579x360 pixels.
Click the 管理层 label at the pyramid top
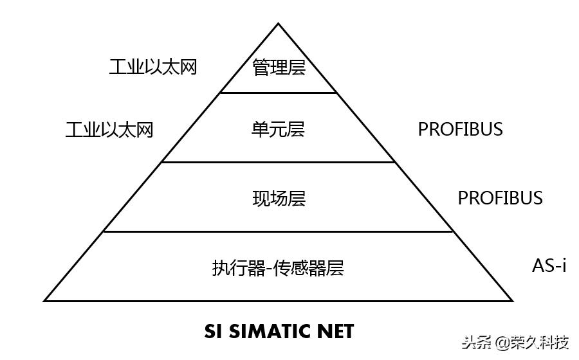tap(279, 67)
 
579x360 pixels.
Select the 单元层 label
tap(278, 130)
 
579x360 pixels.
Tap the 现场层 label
tap(279, 198)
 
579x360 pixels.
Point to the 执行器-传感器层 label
tap(278, 267)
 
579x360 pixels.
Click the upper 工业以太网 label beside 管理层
tap(152, 67)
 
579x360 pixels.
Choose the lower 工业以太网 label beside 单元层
tap(109, 130)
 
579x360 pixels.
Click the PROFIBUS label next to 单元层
tap(460, 129)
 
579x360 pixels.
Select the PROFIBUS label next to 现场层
tap(500, 198)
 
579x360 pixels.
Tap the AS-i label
tap(549, 265)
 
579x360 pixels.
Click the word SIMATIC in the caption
tap(270, 331)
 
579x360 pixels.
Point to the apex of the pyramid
tap(279, 24)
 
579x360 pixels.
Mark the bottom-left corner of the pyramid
tap(45, 300)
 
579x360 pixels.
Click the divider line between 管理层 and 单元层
tap(279, 93)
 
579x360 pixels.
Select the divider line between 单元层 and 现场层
tap(279, 162)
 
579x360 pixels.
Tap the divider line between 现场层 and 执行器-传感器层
tap(279, 231)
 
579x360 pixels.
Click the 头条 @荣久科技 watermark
tap(515, 342)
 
